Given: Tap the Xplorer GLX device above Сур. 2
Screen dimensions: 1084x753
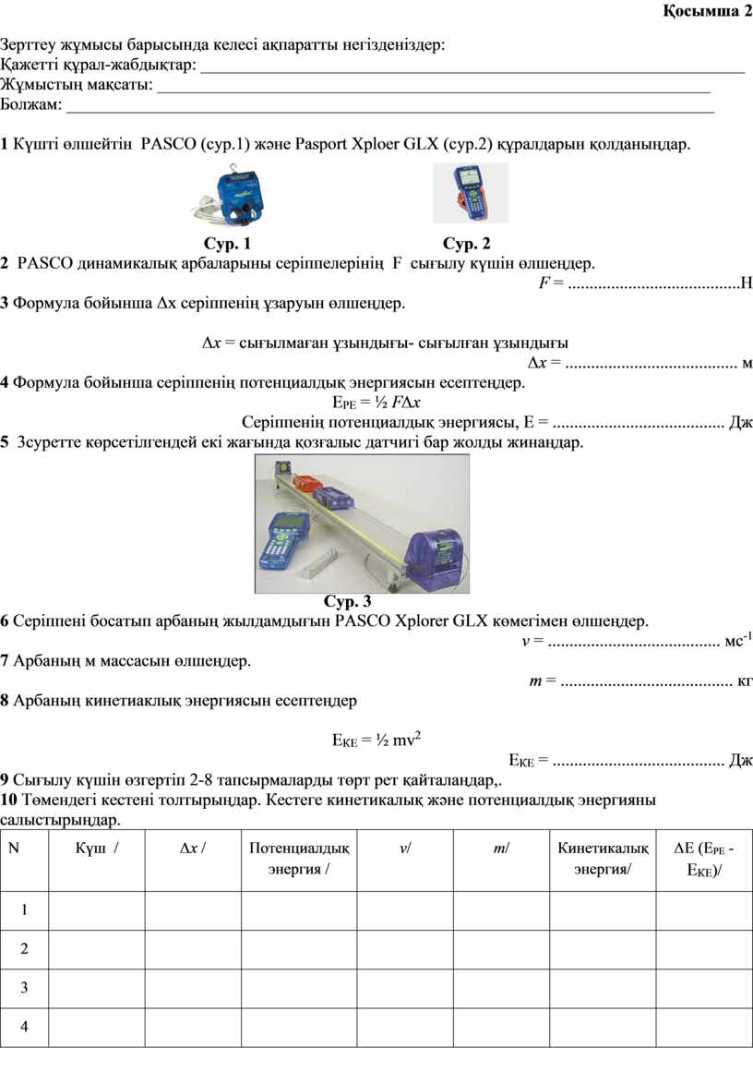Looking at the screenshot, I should (470, 192).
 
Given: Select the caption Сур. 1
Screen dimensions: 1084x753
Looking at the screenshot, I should (226, 244).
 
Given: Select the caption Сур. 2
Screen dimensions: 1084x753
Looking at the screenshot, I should (467, 244).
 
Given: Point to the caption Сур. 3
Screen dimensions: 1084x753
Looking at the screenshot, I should (347, 601).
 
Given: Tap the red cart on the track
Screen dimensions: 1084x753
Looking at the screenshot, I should (305, 483).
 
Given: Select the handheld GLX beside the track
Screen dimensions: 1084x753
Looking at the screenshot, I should (285, 541).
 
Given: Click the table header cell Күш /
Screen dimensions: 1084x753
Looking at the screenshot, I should (96, 849).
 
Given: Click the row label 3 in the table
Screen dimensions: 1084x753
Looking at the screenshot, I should (24, 987).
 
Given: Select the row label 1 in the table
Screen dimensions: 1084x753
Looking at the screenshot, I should (24, 909).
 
